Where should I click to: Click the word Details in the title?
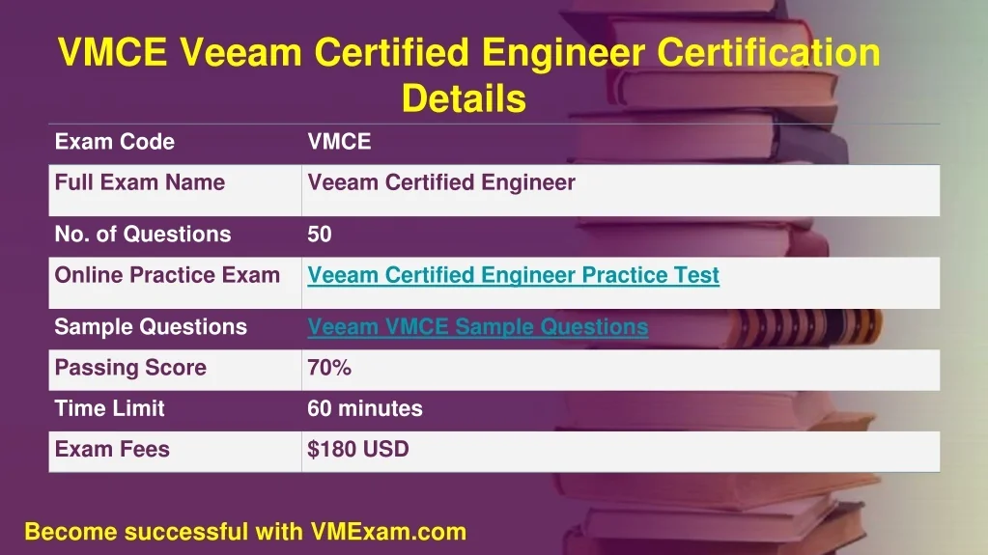[464, 98]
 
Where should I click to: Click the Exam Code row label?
[115, 142]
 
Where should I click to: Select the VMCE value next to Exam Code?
[339, 142]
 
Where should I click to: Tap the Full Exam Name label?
[140, 182]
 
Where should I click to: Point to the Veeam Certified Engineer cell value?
[441, 182]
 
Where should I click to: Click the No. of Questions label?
[143, 235]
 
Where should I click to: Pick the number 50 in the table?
[320, 235]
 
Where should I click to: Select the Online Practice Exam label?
[167, 275]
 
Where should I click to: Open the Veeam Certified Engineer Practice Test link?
[514, 275]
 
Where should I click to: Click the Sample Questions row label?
[151, 327]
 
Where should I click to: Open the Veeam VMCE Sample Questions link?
[478, 327]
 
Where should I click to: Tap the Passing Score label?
[130, 368]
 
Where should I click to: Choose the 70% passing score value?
[329, 368]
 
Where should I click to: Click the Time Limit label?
[110, 409]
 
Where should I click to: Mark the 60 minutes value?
[365, 409]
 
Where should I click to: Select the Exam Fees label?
[112, 449]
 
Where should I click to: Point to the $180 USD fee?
[358, 449]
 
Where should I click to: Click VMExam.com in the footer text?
[388, 532]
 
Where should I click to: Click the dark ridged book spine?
[806, 326]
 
